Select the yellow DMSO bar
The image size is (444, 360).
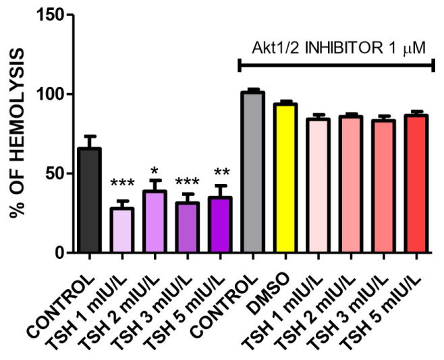tap(285, 178)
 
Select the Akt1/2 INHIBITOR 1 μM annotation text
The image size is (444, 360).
tap(337, 48)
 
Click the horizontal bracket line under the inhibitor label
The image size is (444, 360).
tap(337, 65)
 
